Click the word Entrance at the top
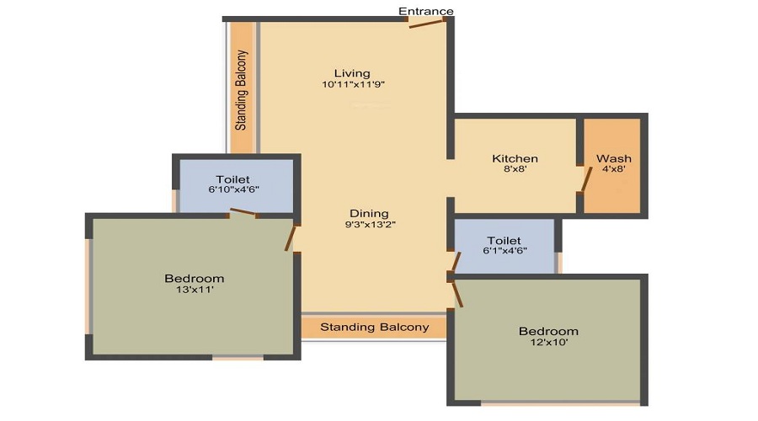(425, 11)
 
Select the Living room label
(351, 72)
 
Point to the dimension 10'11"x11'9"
(353, 84)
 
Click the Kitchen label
(515, 158)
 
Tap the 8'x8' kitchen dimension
(515, 169)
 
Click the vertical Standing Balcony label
(242, 89)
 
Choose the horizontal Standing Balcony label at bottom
(374, 327)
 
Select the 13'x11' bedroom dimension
(195, 290)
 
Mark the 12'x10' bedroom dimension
(548, 344)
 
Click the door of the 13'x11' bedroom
(291, 237)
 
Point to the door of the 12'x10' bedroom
(458, 294)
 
